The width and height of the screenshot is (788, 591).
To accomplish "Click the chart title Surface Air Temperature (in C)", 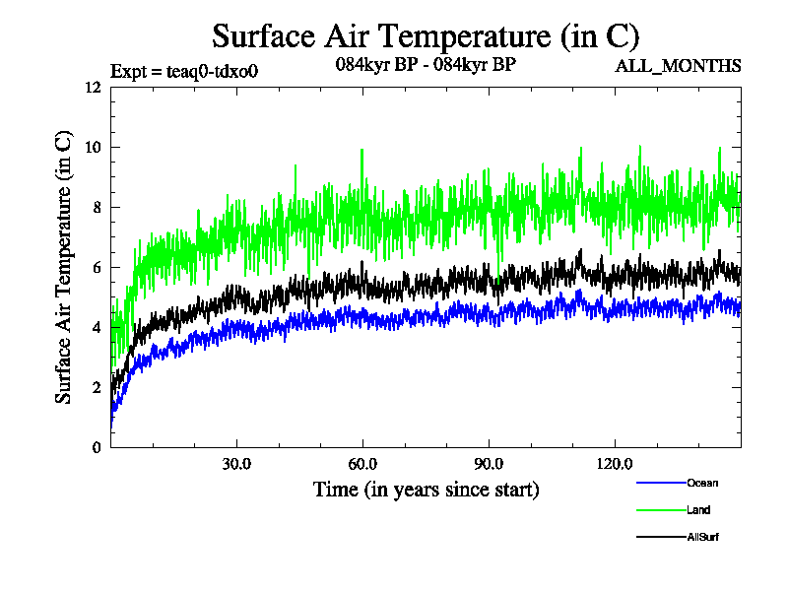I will (426, 36).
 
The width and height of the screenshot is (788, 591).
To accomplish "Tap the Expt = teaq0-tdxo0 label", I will (184, 70).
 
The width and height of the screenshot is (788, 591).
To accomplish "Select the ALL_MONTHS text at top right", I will (678, 67).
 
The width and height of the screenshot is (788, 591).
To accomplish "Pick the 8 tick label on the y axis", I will (97, 207).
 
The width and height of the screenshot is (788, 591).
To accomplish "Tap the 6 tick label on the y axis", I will (97, 267).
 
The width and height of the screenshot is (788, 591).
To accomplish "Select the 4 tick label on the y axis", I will (97, 327).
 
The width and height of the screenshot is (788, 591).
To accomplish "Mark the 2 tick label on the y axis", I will (97, 387).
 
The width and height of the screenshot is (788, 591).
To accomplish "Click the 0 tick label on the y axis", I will (97, 447).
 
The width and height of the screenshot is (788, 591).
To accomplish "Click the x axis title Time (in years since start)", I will (426, 490).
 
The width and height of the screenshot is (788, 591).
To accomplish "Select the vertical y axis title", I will (63, 266).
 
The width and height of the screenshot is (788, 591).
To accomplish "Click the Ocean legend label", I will (702, 483).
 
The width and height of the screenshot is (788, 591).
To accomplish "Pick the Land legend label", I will (698, 510).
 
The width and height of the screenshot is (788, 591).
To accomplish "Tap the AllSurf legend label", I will (703, 537).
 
